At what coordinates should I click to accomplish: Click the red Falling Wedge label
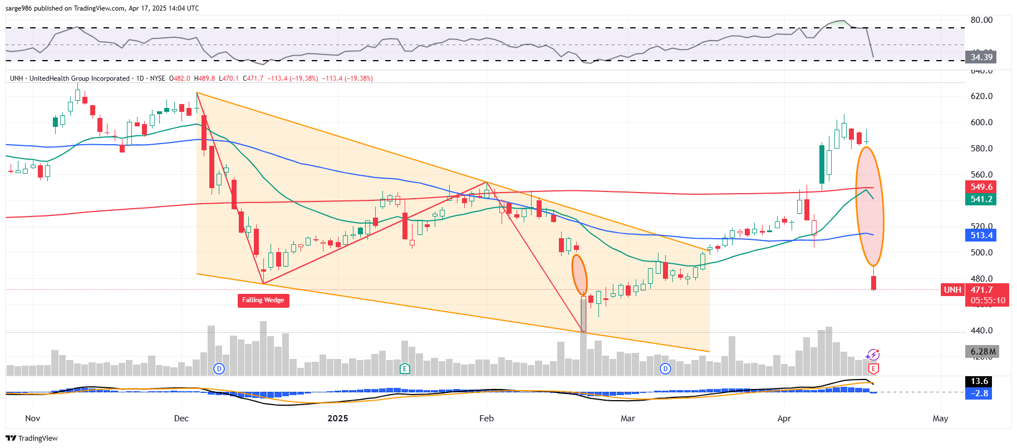click(x=263, y=300)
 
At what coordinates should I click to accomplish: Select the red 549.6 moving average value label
click(x=981, y=187)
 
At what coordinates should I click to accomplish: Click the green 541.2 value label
click(x=981, y=199)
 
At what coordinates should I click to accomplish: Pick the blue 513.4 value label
click(x=981, y=235)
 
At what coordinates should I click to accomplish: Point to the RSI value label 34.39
click(x=981, y=57)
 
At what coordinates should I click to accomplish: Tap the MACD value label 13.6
click(x=980, y=381)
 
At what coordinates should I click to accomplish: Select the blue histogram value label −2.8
click(x=980, y=393)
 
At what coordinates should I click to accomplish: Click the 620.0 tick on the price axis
click(x=981, y=96)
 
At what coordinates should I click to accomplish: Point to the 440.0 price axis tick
click(x=981, y=331)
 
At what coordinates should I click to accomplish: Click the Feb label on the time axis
click(x=487, y=419)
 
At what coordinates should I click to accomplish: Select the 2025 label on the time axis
click(x=337, y=419)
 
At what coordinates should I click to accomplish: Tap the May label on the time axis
click(x=940, y=419)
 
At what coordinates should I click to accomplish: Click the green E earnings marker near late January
click(x=405, y=368)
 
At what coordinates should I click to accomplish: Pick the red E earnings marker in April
click(x=873, y=368)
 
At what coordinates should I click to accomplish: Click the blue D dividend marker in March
click(x=665, y=368)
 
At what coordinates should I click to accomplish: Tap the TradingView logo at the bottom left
click(x=32, y=438)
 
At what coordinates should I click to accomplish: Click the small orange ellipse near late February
click(x=579, y=275)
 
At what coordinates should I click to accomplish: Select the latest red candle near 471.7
click(x=874, y=283)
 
